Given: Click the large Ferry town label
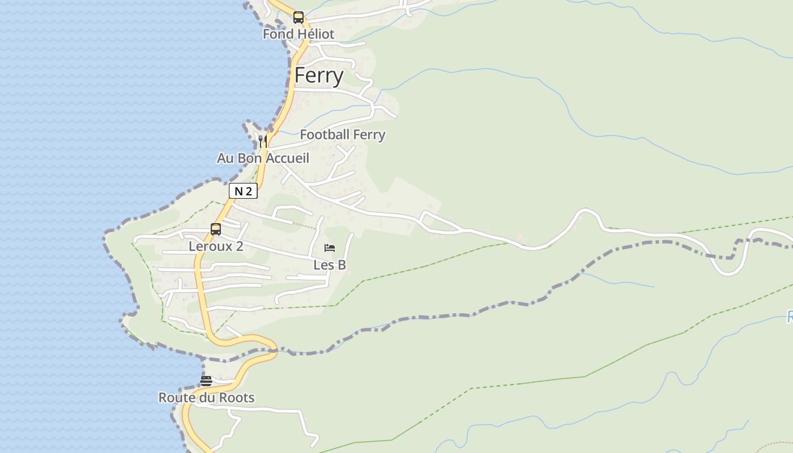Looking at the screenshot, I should pyautogui.click(x=319, y=75).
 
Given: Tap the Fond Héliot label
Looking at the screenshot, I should pyautogui.click(x=299, y=34).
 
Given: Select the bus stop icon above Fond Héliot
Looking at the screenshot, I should pyautogui.click(x=299, y=18).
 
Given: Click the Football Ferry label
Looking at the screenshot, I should pyautogui.click(x=342, y=135).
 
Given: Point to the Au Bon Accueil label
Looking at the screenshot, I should pyautogui.click(x=263, y=158).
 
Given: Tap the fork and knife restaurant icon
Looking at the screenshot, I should pyautogui.click(x=262, y=141).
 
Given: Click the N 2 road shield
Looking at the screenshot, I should pyautogui.click(x=243, y=191).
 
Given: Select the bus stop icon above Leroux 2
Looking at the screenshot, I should pyautogui.click(x=216, y=229).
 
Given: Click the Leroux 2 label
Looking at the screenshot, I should pyautogui.click(x=216, y=246).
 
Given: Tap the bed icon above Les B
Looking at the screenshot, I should pyautogui.click(x=330, y=248).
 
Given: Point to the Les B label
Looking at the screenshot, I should pyautogui.click(x=330, y=265).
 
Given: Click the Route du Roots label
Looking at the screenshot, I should pyautogui.click(x=206, y=398).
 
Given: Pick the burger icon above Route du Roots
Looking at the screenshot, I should pyautogui.click(x=206, y=381).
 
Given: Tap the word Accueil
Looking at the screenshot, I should pyautogui.click(x=287, y=158).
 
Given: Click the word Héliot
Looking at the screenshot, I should pyautogui.click(x=316, y=34).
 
